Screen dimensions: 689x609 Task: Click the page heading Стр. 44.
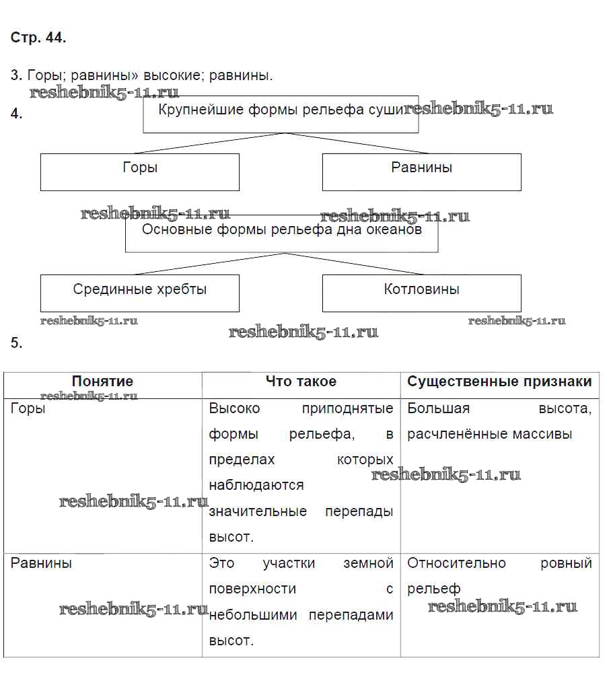point(38,38)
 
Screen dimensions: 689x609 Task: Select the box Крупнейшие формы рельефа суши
point(281,114)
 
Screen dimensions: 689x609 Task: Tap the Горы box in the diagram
point(140,172)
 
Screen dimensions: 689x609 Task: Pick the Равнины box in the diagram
point(421,172)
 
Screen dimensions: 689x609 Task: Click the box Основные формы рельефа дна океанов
point(281,233)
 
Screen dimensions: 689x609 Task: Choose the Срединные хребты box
point(140,293)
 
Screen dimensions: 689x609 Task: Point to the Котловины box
point(421,293)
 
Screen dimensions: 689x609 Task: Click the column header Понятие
point(102,382)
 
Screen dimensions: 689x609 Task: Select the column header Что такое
point(301,382)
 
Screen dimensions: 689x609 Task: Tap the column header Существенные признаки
point(499,382)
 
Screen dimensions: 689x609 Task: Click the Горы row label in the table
point(28,408)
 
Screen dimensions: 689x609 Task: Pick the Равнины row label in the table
point(41,563)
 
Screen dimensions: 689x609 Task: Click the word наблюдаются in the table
point(256,485)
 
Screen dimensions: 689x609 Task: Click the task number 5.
point(16,343)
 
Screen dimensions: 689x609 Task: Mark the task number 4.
point(16,114)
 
